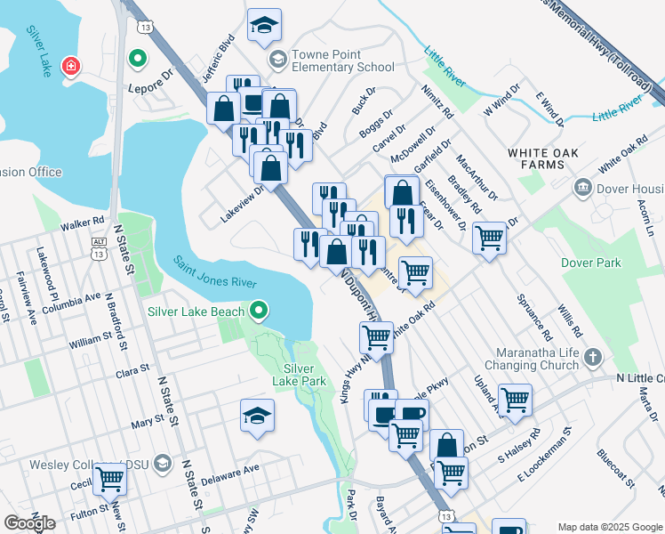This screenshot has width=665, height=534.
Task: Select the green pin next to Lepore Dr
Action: (138, 60)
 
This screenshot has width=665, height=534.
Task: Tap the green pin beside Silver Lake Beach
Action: (259, 311)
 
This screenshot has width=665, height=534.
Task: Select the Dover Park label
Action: (591, 263)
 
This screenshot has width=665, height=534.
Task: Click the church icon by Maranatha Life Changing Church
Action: (594, 358)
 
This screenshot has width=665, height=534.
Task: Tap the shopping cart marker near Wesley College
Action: (109, 478)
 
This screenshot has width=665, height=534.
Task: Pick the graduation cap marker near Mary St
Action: (257, 416)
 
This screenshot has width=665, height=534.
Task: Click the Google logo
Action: (29, 522)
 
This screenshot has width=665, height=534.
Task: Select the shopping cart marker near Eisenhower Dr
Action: (489, 237)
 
